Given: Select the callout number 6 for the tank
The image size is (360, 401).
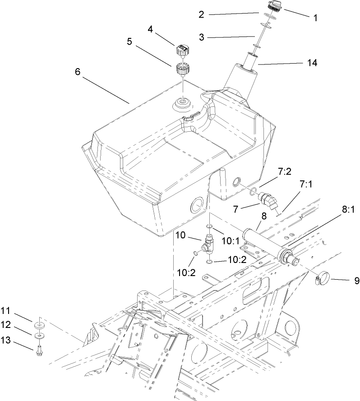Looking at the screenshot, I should [x=78, y=72].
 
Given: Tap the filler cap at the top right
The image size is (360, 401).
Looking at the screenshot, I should [x=274, y=6].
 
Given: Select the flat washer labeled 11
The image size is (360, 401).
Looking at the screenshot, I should [x=40, y=325].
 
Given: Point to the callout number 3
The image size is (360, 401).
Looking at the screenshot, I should [x=202, y=37].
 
